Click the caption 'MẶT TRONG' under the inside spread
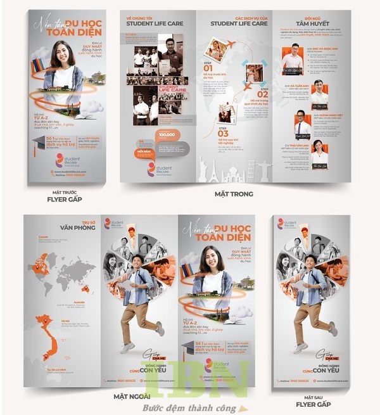[233, 194]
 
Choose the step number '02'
[262, 95]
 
